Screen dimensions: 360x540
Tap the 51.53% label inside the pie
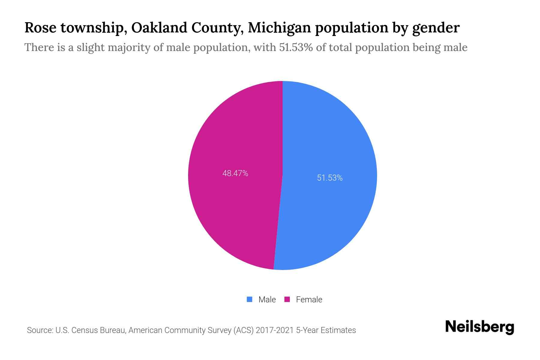(330, 178)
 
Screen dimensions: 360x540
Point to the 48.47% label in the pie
(235, 173)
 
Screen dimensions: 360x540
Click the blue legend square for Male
(249, 299)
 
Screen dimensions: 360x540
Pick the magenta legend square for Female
(287, 299)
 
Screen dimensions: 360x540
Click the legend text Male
(267, 300)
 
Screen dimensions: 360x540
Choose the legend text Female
(309, 300)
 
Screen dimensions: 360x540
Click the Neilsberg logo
(479, 327)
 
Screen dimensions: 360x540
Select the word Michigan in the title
(279, 28)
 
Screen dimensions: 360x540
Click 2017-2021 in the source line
(274, 330)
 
